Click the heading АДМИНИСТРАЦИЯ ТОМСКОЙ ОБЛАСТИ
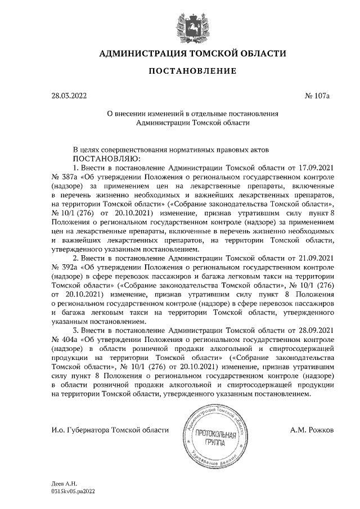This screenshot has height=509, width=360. point(192,53)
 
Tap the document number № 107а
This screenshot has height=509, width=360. point(317,96)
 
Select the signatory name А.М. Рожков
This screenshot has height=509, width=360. point(312,430)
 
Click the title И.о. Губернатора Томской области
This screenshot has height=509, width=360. point(110,430)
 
